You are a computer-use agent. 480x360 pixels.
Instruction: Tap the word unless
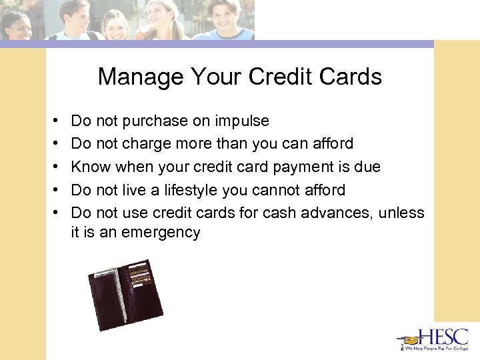click(402, 213)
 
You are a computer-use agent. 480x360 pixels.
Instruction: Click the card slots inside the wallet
click(139, 277)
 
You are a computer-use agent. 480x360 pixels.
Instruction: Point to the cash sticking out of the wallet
click(107, 273)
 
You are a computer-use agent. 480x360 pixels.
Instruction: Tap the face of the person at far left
click(17, 26)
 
